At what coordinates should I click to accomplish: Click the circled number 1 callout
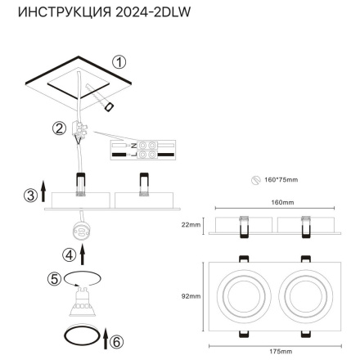click(x=119, y=62)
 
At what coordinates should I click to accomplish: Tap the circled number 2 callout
click(x=60, y=128)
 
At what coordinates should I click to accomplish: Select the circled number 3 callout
click(x=29, y=195)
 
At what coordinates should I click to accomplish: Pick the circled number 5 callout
click(x=55, y=280)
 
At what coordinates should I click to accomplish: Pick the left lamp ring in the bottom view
click(x=241, y=295)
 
